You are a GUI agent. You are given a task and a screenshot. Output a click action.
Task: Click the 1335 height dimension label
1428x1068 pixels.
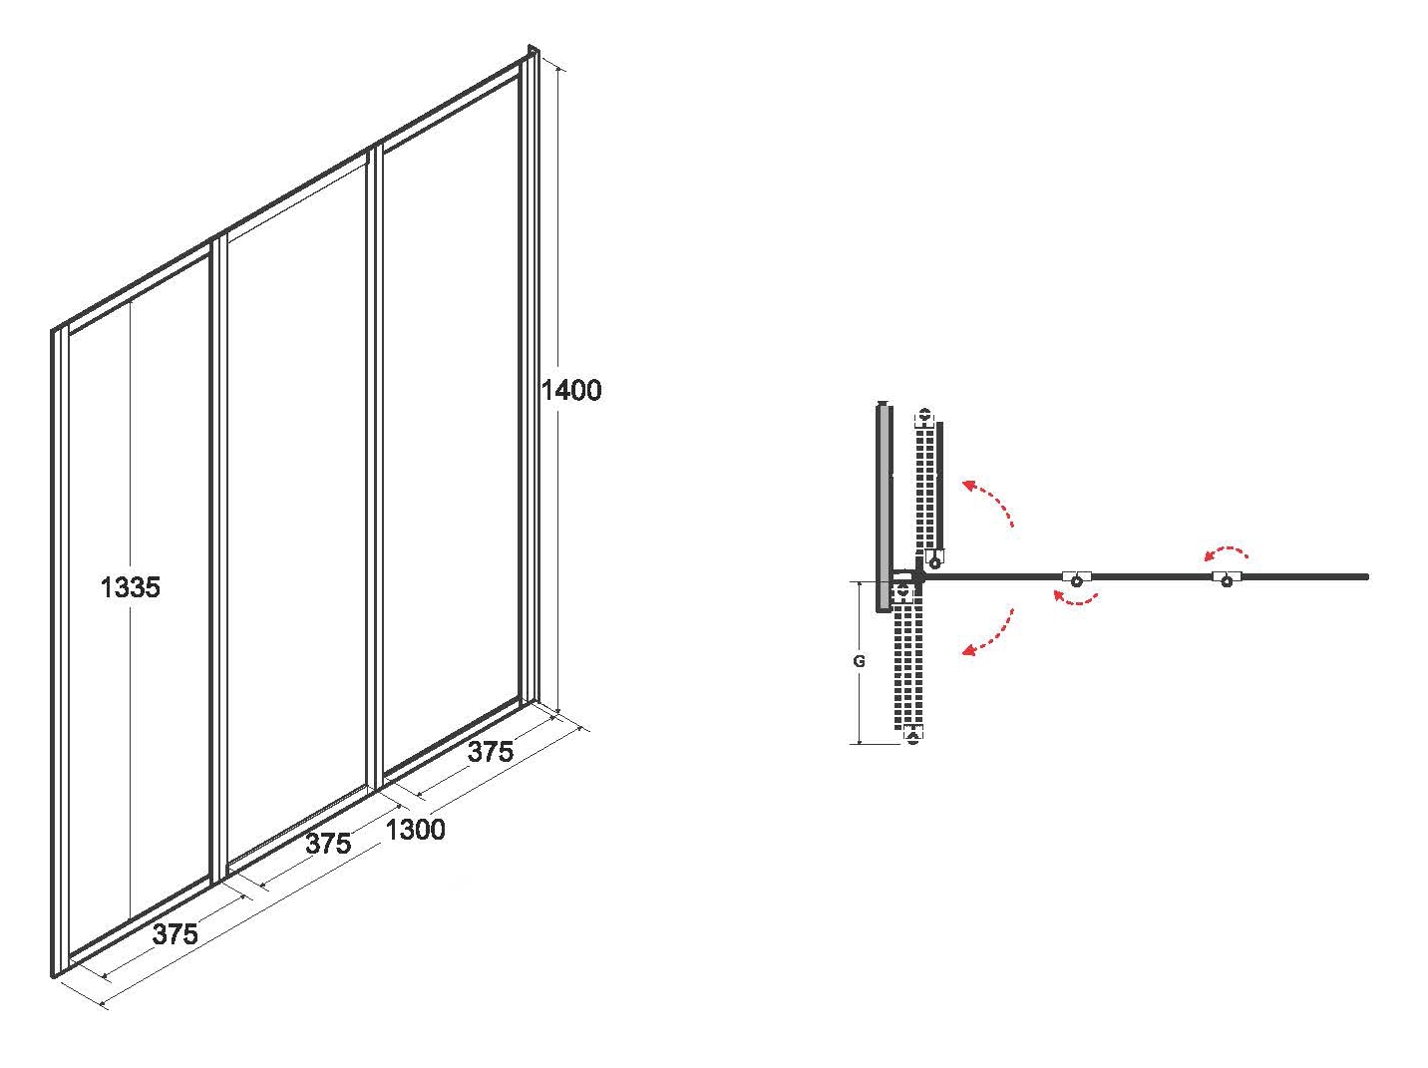click(130, 587)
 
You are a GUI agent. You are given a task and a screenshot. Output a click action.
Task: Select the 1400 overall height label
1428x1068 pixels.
click(571, 390)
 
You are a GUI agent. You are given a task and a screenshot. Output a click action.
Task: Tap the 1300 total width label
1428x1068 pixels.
click(416, 830)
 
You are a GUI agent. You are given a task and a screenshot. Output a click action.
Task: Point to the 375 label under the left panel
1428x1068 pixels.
click(175, 934)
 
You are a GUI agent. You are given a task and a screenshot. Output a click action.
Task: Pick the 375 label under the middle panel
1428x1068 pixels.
click(328, 844)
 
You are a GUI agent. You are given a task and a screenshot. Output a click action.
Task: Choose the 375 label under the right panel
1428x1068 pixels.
click(491, 752)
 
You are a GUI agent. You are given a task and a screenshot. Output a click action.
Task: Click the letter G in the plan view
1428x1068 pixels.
click(859, 661)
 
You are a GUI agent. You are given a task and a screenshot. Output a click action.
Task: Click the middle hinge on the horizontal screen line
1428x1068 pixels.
click(1077, 578)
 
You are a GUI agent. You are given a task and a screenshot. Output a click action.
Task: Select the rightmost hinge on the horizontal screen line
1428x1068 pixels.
click(1227, 578)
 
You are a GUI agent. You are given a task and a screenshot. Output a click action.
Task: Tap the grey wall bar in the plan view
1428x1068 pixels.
click(884, 507)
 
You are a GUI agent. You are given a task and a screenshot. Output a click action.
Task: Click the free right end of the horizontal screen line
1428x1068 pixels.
click(1367, 576)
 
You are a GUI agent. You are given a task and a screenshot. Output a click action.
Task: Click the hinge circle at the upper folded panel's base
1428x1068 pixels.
click(934, 562)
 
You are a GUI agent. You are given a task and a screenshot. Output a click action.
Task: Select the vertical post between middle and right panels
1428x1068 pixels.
click(374, 470)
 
